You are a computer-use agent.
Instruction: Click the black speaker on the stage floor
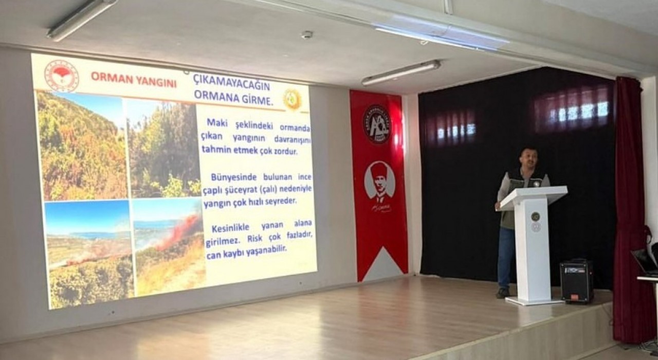tap(576, 281)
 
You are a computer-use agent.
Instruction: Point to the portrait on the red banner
tap(379, 182)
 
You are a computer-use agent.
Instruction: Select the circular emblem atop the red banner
tap(377, 124)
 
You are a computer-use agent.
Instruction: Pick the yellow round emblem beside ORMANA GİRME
tap(292, 99)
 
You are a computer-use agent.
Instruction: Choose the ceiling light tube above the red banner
tap(400, 72)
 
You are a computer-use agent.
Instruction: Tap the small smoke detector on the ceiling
tap(307, 34)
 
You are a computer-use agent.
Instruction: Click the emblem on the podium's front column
tap(535, 217)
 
